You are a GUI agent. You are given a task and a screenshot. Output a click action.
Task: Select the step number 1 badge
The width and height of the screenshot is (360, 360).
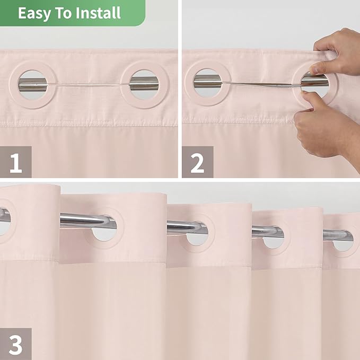[x=16, y=162]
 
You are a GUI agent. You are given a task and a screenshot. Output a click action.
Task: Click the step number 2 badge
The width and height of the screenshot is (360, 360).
[x=197, y=162]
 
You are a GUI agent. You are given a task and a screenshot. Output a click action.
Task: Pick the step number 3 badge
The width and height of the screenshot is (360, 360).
[x=16, y=344]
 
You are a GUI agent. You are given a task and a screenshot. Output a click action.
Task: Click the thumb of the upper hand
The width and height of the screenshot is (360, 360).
[x=319, y=67]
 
